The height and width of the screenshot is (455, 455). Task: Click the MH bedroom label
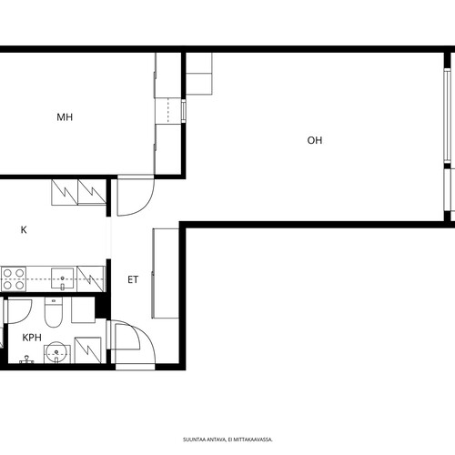pyautogui.click(x=65, y=117)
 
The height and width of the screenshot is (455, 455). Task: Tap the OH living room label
pyautogui.click(x=315, y=140)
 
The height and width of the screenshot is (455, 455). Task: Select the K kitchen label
pyautogui.click(x=24, y=229)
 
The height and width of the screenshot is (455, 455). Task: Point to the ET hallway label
pyautogui.click(x=133, y=279)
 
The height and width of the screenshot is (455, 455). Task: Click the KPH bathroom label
pyautogui.click(x=32, y=338)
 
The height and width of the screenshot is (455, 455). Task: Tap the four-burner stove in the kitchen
pyautogui.click(x=14, y=278)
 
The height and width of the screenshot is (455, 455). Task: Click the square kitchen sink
pyautogui.click(x=62, y=278)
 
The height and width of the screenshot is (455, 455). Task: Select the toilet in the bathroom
pyautogui.click(x=54, y=312)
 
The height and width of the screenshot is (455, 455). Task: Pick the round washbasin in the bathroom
pyautogui.click(x=56, y=352)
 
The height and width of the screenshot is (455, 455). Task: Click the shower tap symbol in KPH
pyautogui.click(x=26, y=359)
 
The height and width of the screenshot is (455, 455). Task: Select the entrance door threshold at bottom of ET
pyautogui.click(x=136, y=367)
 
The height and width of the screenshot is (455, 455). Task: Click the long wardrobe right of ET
pyautogui.click(x=166, y=273)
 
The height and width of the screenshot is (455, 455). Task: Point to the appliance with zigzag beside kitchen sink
pyautogui.click(x=91, y=278)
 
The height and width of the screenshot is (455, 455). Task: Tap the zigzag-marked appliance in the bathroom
pyautogui.click(x=88, y=350)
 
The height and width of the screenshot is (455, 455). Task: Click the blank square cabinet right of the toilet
pyautogui.click(x=83, y=309)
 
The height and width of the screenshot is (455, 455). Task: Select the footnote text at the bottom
pyautogui.click(x=227, y=440)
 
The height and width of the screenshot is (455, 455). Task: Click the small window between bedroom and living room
pyautogui.click(x=184, y=111)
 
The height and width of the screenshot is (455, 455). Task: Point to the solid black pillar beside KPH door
pyautogui.click(x=103, y=307)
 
